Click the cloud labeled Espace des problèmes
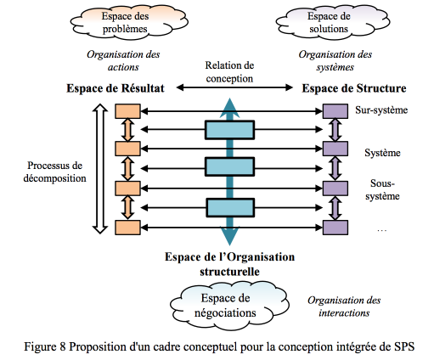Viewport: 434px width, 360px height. [129, 22]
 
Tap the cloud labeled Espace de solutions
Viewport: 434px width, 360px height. [333, 22]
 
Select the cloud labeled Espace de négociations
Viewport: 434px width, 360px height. [229, 306]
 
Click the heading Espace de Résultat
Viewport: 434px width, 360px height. [116, 88]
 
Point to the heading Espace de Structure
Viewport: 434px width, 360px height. [354, 88]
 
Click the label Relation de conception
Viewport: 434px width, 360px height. [229, 72]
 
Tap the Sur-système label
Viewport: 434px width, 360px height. [381, 110]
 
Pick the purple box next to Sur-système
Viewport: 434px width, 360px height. [335, 111]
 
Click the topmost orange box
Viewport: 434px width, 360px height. [127, 111]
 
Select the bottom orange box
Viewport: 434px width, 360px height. [127, 228]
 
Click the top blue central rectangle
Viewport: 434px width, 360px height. [229, 130]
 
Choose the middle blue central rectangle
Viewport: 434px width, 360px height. [229, 167]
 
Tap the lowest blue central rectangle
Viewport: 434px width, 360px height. [230, 208]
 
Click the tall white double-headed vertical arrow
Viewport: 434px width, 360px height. [100, 169]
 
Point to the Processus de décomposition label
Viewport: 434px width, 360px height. [54, 172]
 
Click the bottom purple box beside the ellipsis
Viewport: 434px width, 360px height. [335, 228]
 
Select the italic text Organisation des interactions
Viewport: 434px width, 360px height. [344, 307]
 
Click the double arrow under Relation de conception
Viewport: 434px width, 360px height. [234, 87]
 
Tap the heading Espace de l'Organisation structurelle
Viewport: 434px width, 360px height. [229, 264]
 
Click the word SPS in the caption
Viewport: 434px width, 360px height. [404, 346]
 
